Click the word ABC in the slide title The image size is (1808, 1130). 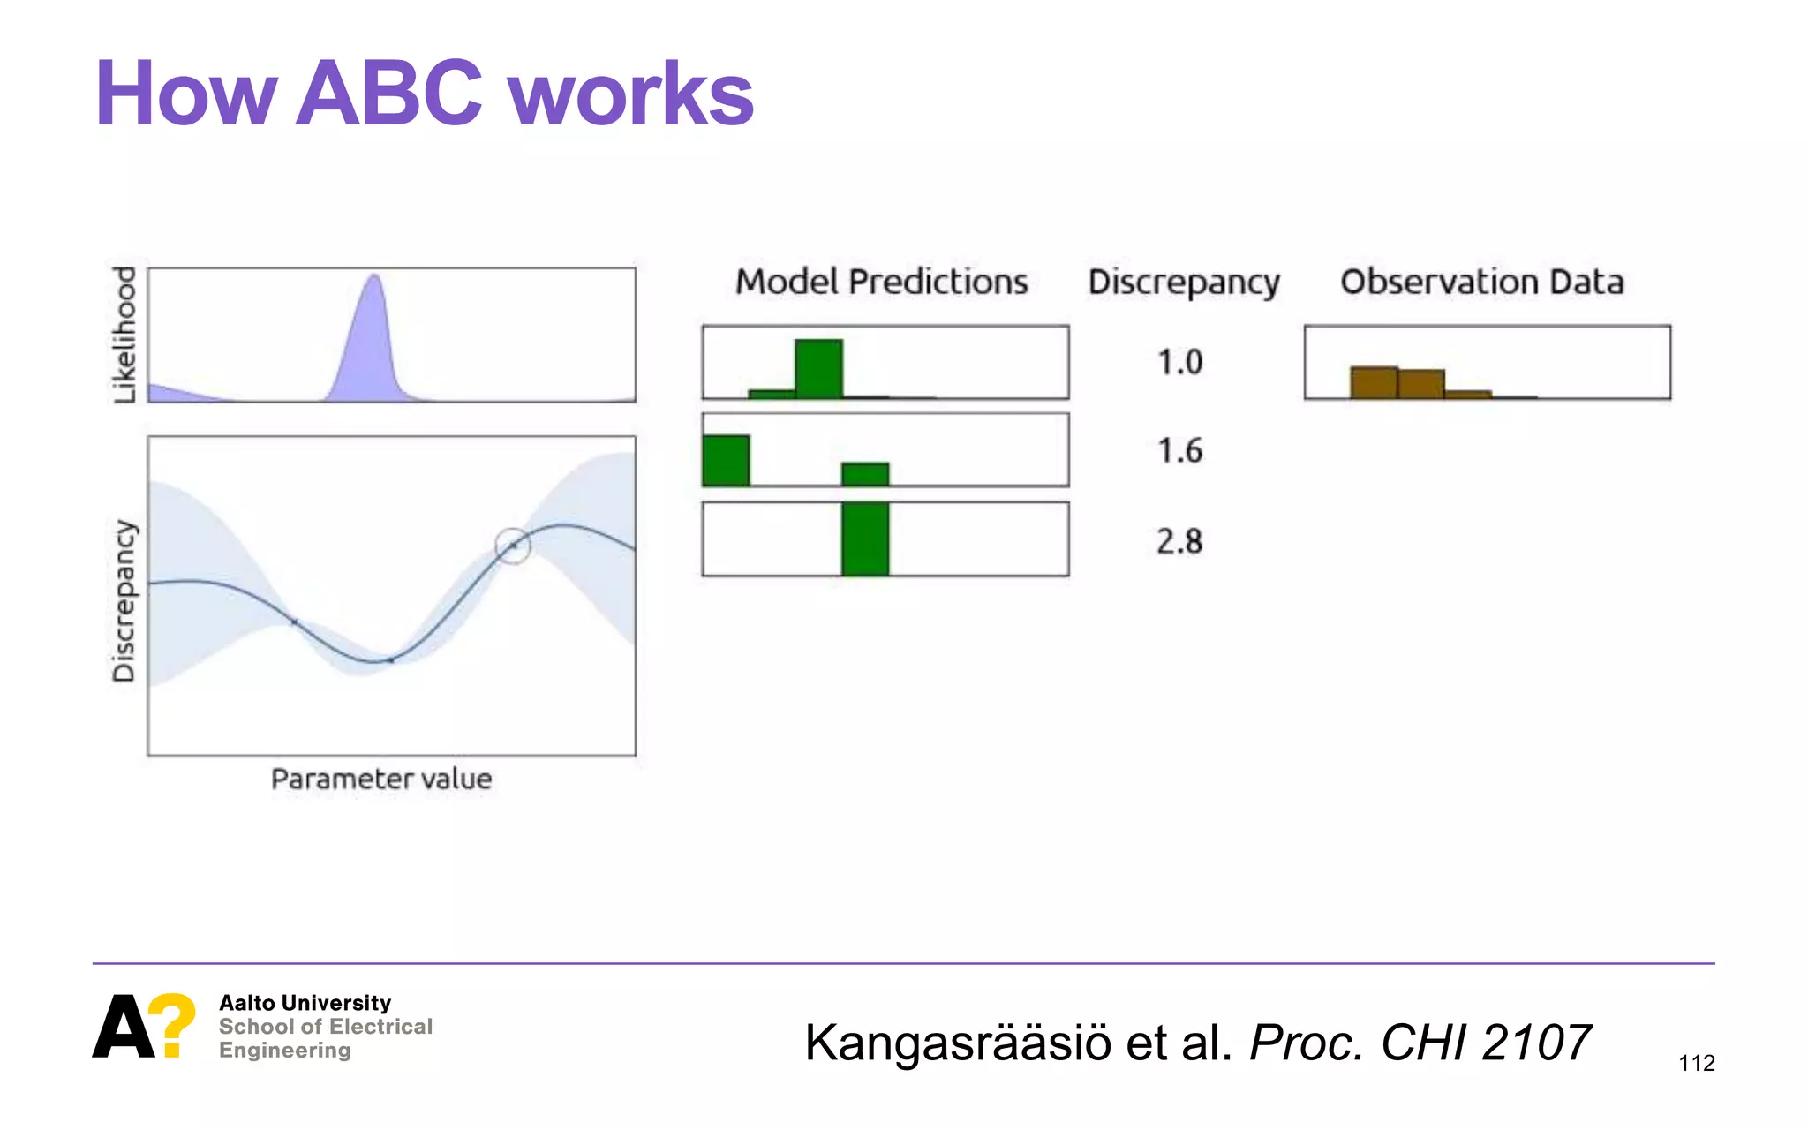click(x=388, y=94)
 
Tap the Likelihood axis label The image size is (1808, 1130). click(x=125, y=335)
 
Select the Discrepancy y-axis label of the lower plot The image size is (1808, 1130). click(x=124, y=600)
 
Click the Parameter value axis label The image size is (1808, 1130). click(x=380, y=779)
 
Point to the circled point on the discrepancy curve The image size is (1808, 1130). click(x=512, y=546)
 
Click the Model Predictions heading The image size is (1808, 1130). click(x=881, y=282)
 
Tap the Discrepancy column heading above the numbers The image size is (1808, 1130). click(x=1183, y=282)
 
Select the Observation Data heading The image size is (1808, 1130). click(x=1481, y=282)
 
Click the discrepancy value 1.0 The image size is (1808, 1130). click(x=1179, y=362)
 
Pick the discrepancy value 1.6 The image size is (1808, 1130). click(x=1179, y=451)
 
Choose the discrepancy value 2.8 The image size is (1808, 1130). click(x=1179, y=541)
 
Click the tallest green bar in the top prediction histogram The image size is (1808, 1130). click(x=818, y=369)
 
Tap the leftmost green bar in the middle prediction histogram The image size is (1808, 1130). click(x=726, y=460)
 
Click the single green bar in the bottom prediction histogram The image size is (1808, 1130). click(x=864, y=539)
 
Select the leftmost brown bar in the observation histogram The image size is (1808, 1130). click(x=1374, y=382)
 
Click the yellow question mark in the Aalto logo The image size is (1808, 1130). click(x=171, y=1024)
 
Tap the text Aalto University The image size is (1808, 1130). click(x=305, y=1003)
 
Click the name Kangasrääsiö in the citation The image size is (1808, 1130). click(x=958, y=1043)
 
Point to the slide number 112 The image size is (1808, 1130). click(x=1696, y=1063)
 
